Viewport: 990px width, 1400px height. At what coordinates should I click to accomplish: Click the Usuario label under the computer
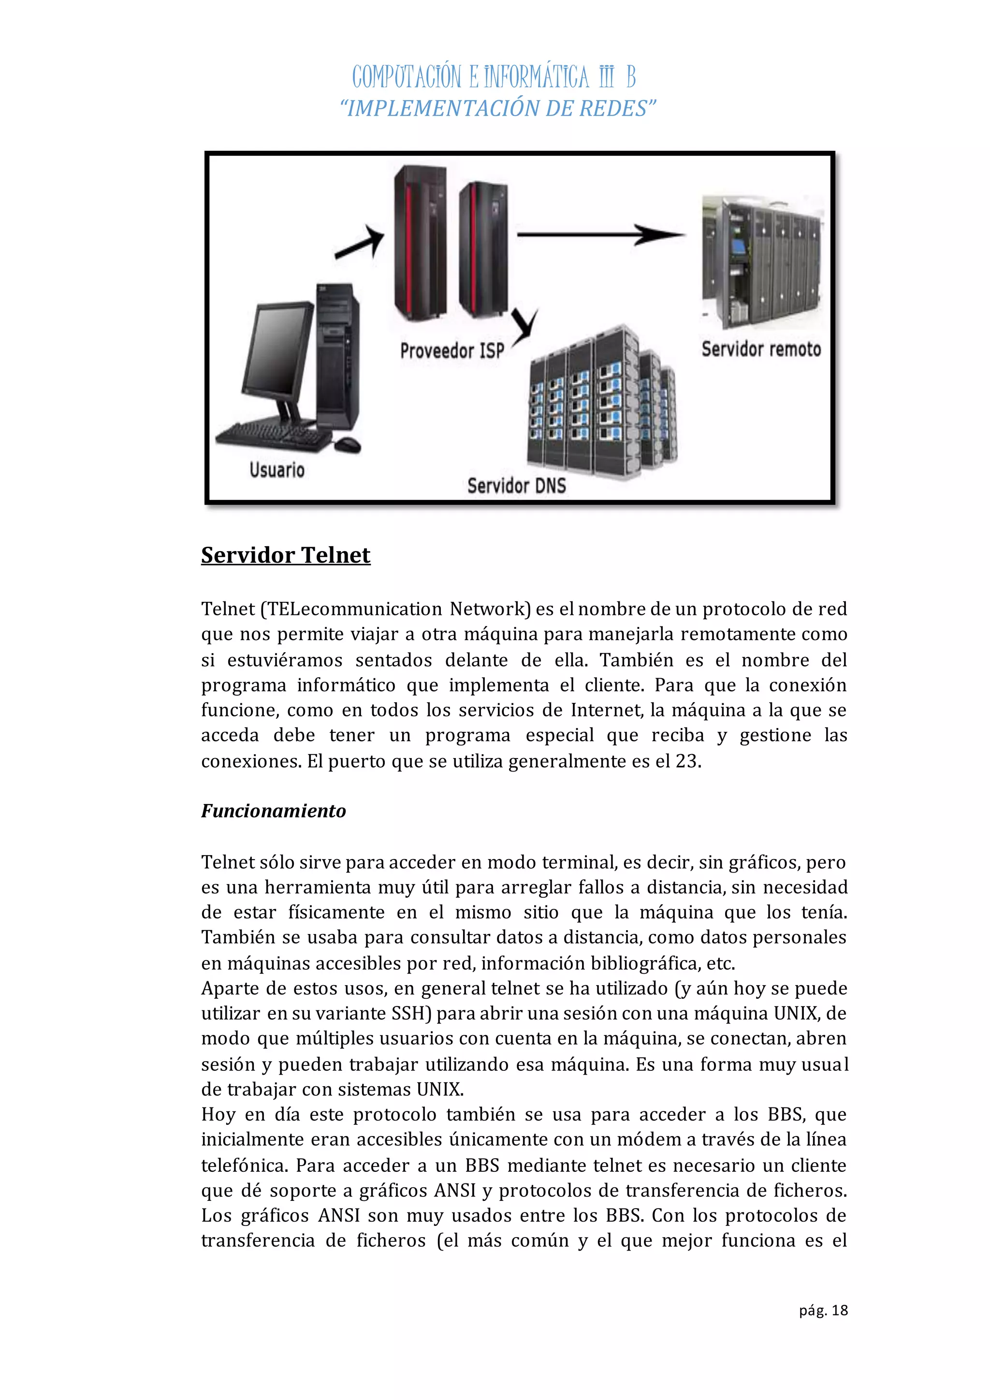click(277, 470)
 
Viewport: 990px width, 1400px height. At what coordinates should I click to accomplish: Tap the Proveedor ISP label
click(451, 350)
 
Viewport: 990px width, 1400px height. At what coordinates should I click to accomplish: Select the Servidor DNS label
click(516, 485)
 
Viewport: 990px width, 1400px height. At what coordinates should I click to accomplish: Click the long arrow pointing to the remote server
click(600, 234)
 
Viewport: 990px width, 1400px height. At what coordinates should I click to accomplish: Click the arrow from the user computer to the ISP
click(360, 242)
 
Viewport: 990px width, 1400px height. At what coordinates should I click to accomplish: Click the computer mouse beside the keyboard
click(348, 445)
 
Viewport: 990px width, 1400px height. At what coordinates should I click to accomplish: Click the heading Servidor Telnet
click(285, 555)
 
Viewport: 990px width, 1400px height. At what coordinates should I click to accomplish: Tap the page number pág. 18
click(823, 1310)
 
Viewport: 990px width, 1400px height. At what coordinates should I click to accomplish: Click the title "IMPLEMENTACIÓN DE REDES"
click(497, 109)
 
